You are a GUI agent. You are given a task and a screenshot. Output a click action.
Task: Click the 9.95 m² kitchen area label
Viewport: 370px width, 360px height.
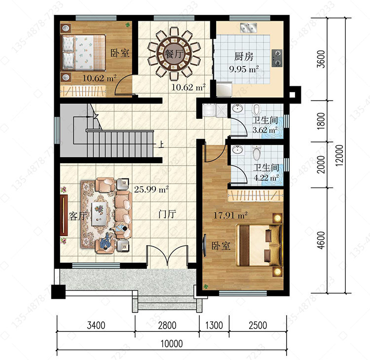pyautogui.click(x=244, y=69)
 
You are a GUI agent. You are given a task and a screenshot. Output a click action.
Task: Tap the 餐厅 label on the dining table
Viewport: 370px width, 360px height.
pyautogui.click(x=174, y=54)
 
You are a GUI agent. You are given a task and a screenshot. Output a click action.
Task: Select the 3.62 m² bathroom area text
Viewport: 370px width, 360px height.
pyautogui.click(x=265, y=130)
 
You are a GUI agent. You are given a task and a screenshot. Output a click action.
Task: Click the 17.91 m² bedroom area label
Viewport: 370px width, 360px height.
pyautogui.click(x=230, y=215)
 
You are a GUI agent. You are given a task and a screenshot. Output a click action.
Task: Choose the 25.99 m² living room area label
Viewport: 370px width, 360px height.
pyautogui.click(x=151, y=189)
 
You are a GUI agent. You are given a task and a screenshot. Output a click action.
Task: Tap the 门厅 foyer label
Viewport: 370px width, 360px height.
pyautogui.click(x=167, y=214)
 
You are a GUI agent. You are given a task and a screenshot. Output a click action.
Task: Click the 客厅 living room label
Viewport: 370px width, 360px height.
pyautogui.click(x=78, y=216)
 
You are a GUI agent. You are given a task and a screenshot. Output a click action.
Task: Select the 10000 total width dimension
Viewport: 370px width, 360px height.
pyautogui.click(x=172, y=344)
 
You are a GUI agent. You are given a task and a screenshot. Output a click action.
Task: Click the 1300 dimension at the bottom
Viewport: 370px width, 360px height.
pyautogui.click(x=214, y=325)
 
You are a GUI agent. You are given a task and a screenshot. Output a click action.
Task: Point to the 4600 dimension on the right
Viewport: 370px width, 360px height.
pyautogui.click(x=321, y=240)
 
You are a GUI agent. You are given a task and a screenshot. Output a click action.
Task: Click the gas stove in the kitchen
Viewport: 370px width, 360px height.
pyautogui.click(x=277, y=58)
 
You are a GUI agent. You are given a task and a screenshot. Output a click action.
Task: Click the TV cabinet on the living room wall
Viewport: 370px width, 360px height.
pyautogui.click(x=64, y=215)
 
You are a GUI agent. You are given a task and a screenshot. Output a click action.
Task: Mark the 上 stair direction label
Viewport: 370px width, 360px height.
pyautogui.click(x=161, y=144)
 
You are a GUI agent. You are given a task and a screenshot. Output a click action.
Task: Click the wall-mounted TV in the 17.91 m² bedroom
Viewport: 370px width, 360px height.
pyautogui.click(x=204, y=246)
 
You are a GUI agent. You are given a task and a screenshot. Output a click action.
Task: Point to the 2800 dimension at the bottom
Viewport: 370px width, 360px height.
pyautogui.click(x=167, y=325)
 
